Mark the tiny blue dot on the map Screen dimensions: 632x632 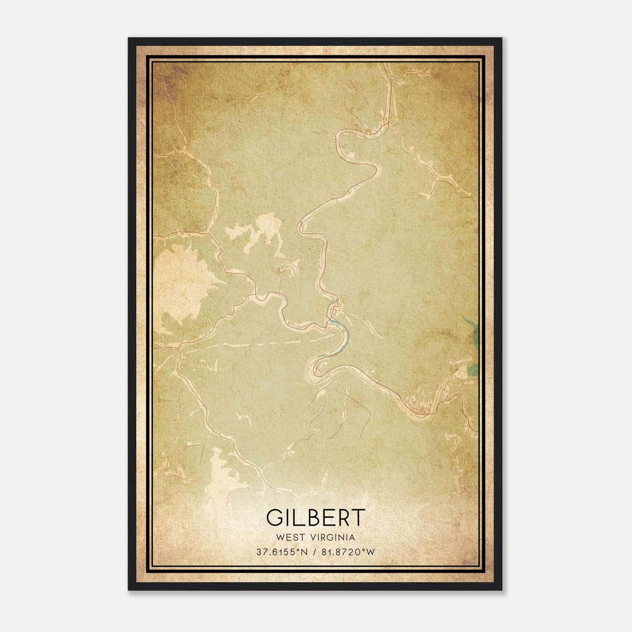[x=292, y=275]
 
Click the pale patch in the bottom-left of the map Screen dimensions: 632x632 [x=219, y=474]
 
